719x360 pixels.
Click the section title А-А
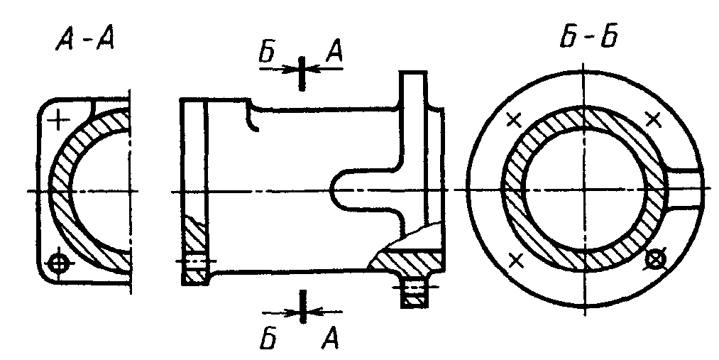pos(85,41)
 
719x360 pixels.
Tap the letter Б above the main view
pos(267,53)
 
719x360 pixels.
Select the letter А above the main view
pos(334,53)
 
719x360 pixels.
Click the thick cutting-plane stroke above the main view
pos(301,73)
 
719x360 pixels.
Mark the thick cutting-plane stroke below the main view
pos(302,306)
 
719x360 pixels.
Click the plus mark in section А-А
pos(59,121)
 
